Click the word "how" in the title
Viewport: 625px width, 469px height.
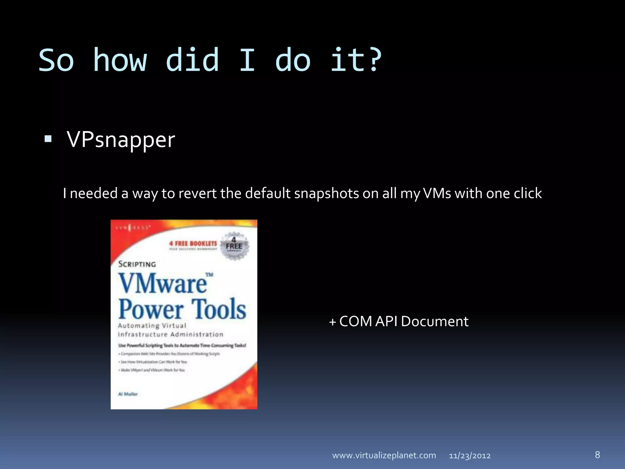coord(120,60)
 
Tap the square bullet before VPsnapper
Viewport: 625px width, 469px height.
coord(48,139)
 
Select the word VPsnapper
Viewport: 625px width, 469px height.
coord(121,140)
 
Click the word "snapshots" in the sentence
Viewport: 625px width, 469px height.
coord(327,194)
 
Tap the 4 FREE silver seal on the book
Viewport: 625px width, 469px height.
coord(234,245)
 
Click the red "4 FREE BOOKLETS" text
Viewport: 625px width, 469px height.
coord(193,244)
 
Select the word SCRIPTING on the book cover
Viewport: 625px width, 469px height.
coord(137,264)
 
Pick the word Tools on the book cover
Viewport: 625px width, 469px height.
coord(219,309)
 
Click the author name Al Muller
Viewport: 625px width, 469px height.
coord(128,394)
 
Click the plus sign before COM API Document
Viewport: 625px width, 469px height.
coord(332,322)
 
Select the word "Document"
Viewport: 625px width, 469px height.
coord(435,321)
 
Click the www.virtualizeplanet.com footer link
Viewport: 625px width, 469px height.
coord(384,455)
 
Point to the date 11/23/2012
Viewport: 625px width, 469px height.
coord(470,456)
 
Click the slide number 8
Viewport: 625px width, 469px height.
coord(597,455)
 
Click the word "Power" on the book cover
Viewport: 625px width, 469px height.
coord(151,309)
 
